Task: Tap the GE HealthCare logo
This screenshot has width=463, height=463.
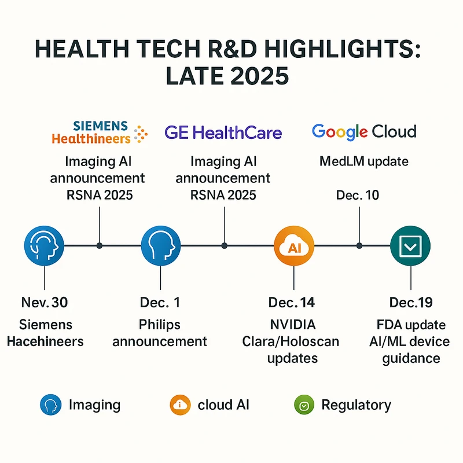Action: coord(223,133)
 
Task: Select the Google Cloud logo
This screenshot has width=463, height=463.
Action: coord(364,131)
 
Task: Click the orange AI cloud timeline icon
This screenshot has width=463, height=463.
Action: coord(294,246)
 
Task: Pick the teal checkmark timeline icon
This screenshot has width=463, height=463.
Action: coord(410,246)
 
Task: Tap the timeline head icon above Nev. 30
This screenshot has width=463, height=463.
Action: coord(45,246)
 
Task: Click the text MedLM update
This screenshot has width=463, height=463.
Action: coord(364,161)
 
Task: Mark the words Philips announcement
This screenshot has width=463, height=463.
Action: coord(160,332)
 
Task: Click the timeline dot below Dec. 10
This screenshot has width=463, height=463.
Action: coord(359,246)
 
